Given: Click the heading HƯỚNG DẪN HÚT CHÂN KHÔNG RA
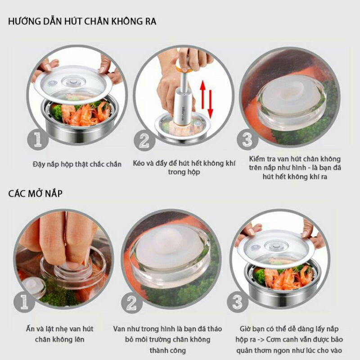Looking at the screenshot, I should tap(82, 21).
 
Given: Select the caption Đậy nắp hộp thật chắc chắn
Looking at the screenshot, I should tap(77, 164).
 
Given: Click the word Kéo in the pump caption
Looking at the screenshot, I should tap(140, 164).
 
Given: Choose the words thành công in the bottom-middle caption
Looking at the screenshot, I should tap(167, 351).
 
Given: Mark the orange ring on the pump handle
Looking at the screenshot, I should tap(179, 68).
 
